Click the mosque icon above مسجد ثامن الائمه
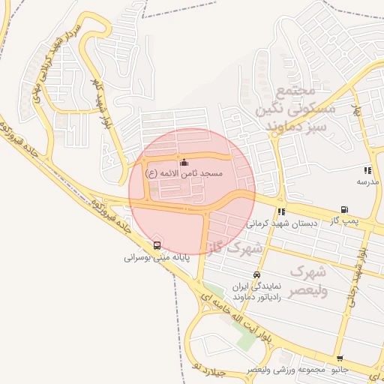click(184, 163)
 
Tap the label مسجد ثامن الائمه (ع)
click(184, 173)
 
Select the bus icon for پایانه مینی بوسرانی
click(157, 244)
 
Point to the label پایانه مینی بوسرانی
click(155, 256)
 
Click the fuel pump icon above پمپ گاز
click(344, 210)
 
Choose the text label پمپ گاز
click(346, 222)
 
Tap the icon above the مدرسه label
click(367, 170)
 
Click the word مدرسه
click(367, 181)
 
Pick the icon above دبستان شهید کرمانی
click(281, 211)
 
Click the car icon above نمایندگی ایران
click(257, 274)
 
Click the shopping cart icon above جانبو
click(340, 359)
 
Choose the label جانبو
click(340, 370)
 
